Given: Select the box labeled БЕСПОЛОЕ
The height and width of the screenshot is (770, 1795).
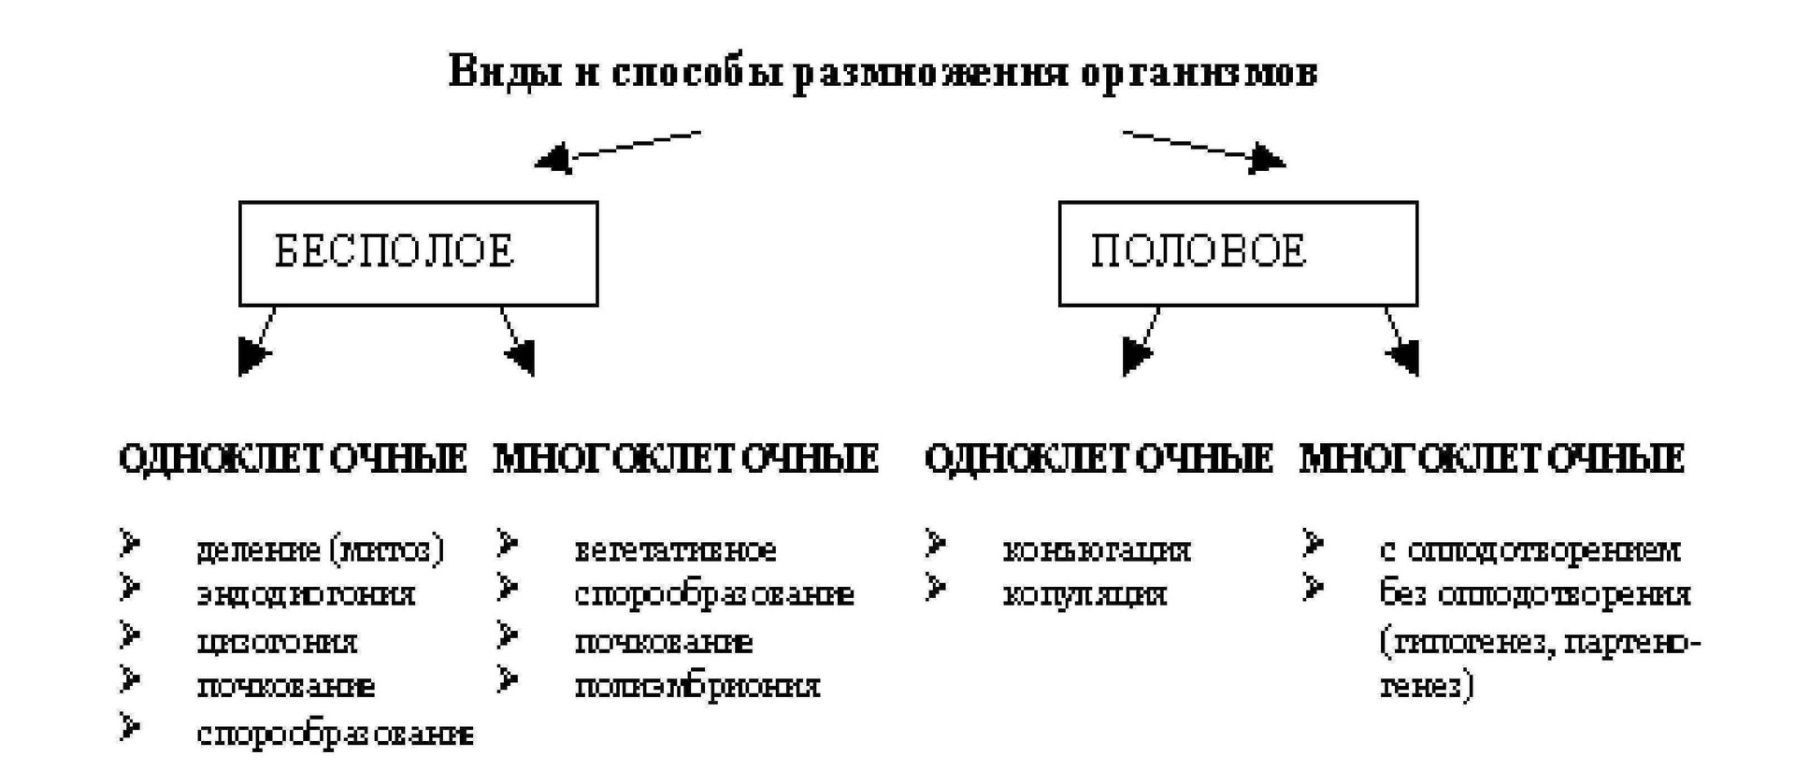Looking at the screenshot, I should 418,253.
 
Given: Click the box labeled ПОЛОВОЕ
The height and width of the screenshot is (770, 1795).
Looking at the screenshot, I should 1237,253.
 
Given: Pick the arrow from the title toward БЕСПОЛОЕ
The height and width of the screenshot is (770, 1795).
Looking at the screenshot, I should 618,150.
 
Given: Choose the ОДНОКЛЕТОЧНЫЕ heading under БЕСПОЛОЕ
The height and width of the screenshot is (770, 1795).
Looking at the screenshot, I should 293,459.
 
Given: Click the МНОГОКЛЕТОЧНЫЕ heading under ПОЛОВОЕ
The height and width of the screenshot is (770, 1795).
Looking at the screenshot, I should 1491,459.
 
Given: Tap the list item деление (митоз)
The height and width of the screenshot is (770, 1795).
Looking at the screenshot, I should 320,549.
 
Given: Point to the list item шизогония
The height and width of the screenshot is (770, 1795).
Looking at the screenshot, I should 277,642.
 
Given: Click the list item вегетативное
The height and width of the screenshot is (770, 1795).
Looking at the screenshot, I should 675,549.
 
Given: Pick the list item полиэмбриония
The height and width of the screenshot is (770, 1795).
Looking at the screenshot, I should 697,687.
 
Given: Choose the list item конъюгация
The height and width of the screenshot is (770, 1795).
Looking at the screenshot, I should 1097,549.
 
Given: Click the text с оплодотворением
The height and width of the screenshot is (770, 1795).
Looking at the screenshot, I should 1529,549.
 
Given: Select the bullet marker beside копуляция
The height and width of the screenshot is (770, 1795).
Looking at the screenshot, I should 936,589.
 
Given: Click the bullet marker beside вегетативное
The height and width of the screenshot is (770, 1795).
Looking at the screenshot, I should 508,543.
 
